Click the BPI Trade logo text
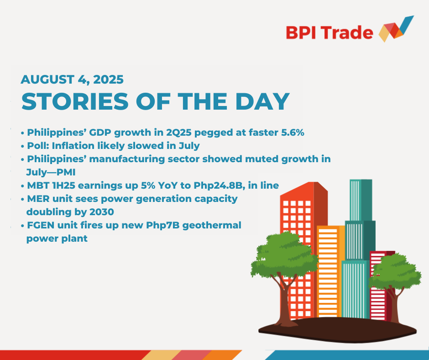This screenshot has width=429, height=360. [330, 33]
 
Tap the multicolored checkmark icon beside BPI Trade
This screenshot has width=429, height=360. [396, 29]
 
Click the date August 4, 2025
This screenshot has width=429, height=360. [72, 79]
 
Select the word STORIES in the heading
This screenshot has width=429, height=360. [75, 101]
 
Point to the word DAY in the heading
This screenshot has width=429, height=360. [262, 101]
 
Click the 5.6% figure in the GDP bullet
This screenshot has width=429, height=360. [293, 132]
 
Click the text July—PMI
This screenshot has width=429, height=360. [51, 172]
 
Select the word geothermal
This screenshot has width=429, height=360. [211, 226]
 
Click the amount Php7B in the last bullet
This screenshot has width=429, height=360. [162, 226]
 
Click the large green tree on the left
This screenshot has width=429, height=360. [284, 255]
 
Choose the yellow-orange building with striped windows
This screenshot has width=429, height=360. [330, 271]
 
